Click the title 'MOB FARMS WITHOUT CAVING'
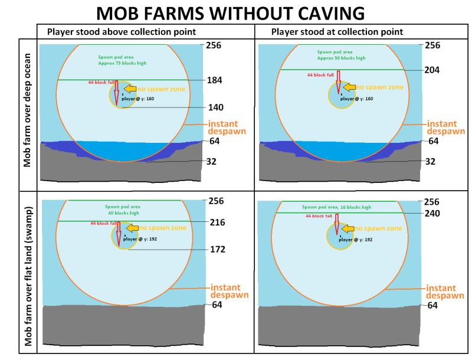click(230, 13)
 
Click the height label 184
click(215, 80)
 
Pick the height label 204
click(432, 70)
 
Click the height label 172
click(218, 250)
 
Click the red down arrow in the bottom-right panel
click(336, 224)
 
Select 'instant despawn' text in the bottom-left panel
click(229, 291)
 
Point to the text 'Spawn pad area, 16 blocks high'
click(336, 207)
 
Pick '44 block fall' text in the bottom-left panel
click(103, 224)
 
